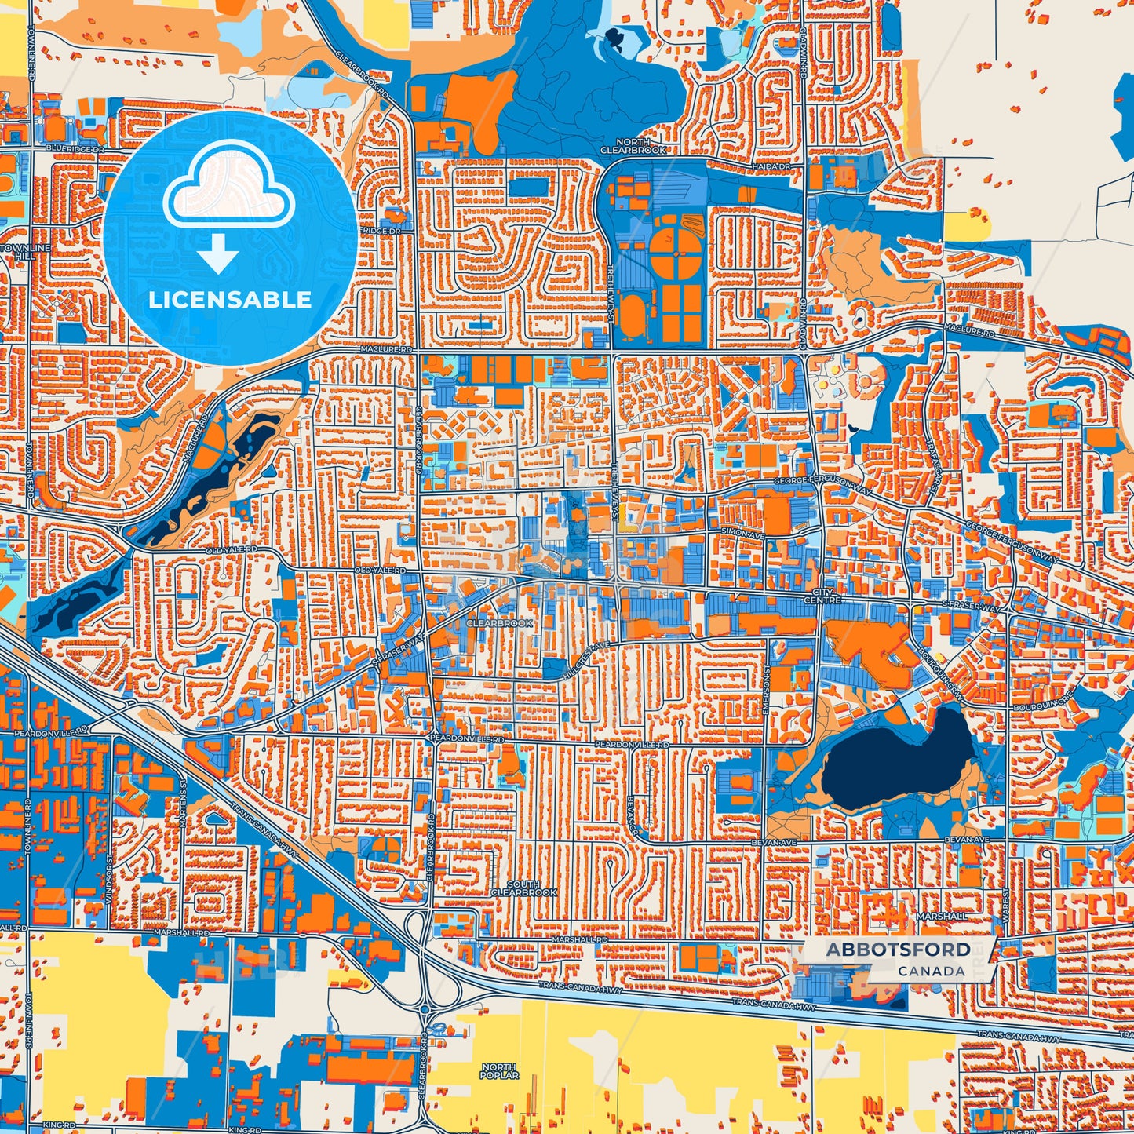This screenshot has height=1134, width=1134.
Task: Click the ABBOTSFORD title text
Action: pos(898,950)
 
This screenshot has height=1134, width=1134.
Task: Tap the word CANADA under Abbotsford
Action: pos(932,971)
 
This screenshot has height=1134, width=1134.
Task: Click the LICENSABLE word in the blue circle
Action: pos(230,300)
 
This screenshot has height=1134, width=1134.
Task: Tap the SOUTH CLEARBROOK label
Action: pos(523,888)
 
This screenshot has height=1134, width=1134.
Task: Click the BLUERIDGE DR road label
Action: pos(75,148)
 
